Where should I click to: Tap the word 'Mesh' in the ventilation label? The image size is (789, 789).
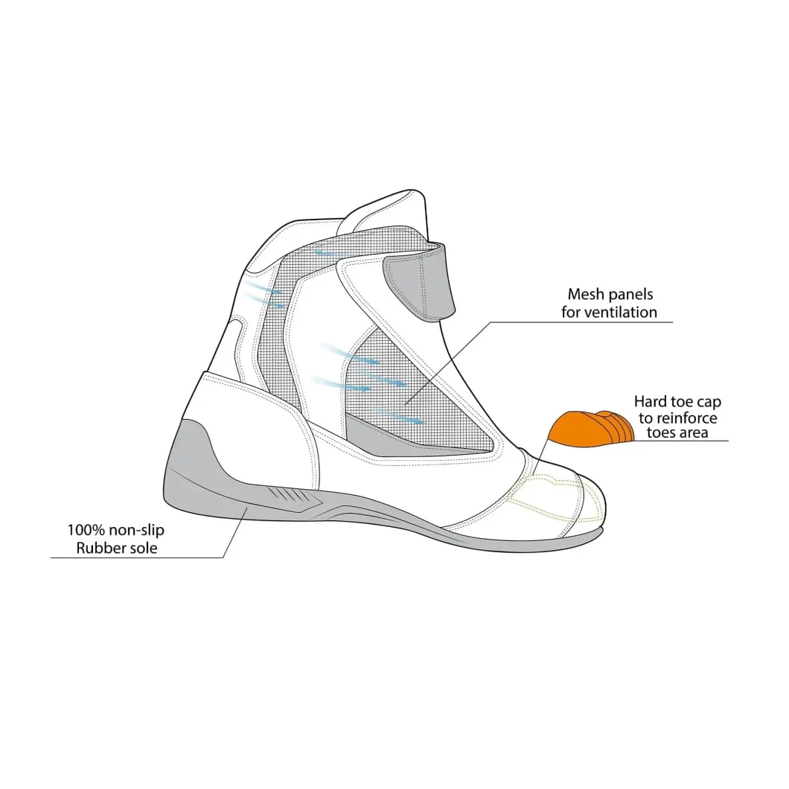point(586,294)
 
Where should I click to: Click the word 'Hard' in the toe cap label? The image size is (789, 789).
point(651,401)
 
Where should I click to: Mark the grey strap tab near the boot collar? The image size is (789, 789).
point(419,286)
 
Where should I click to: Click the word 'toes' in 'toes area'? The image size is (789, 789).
point(660,432)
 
